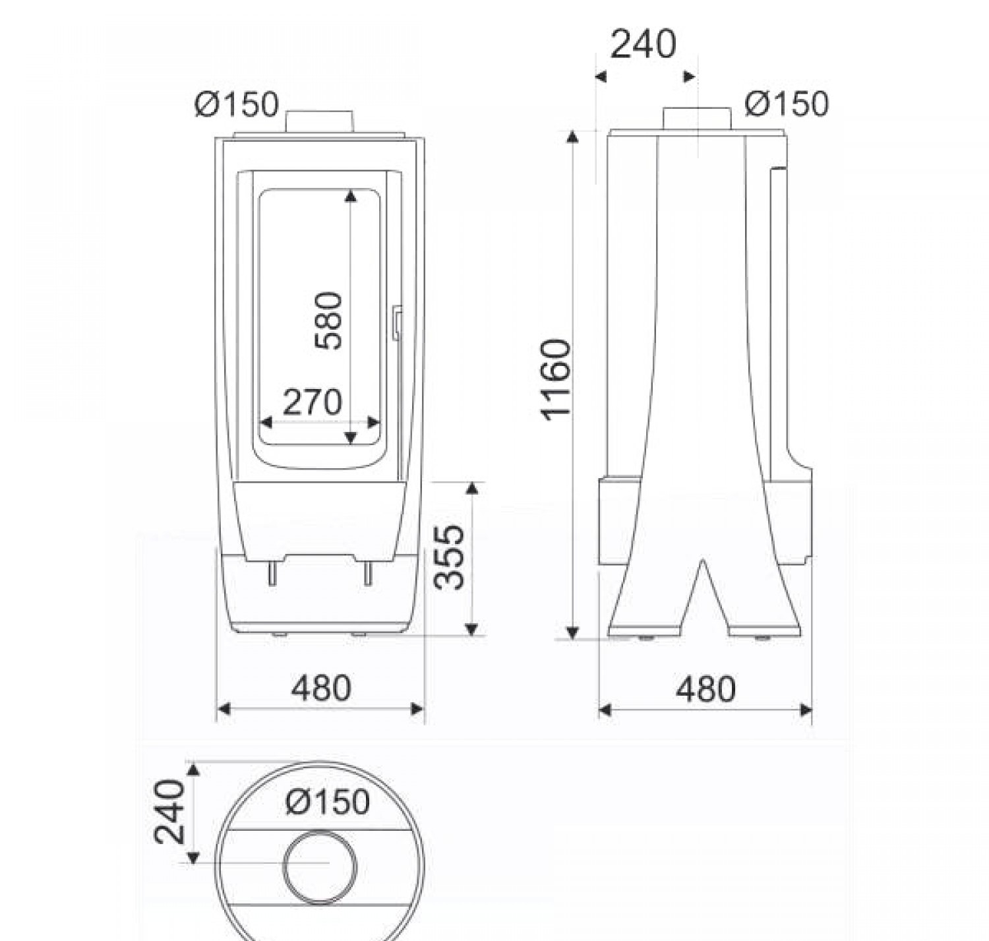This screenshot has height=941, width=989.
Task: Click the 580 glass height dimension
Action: point(328,320)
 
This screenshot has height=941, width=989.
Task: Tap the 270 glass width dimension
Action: point(313,402)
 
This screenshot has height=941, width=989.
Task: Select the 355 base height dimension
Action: point(449,557)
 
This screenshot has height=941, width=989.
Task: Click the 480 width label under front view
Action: point(321,688)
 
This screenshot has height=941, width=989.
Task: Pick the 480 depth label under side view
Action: point(705,689)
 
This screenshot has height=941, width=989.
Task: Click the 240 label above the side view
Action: point(643,44)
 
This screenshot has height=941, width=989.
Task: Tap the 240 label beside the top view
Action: point(169,812)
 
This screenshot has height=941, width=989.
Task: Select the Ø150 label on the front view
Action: point(237,104)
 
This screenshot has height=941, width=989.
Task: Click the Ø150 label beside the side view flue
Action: point(787,104)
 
